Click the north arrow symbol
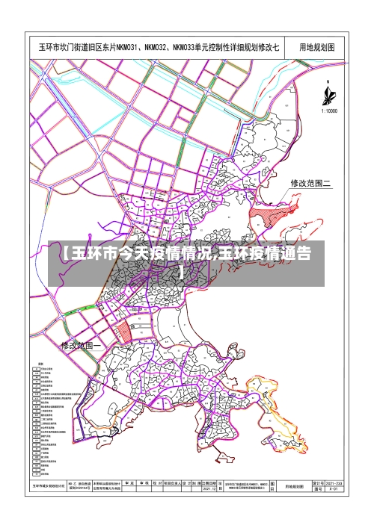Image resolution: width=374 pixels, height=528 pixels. pyautogui.click(x=328, y=94)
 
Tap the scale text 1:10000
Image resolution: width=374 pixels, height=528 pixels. pyautogui.click(x=329, y=111)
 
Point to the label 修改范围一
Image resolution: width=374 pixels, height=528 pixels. pyautogui.click(x=80, y=346)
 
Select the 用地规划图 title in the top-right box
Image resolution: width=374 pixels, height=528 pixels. pyautogui.click(x=316, y=47)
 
